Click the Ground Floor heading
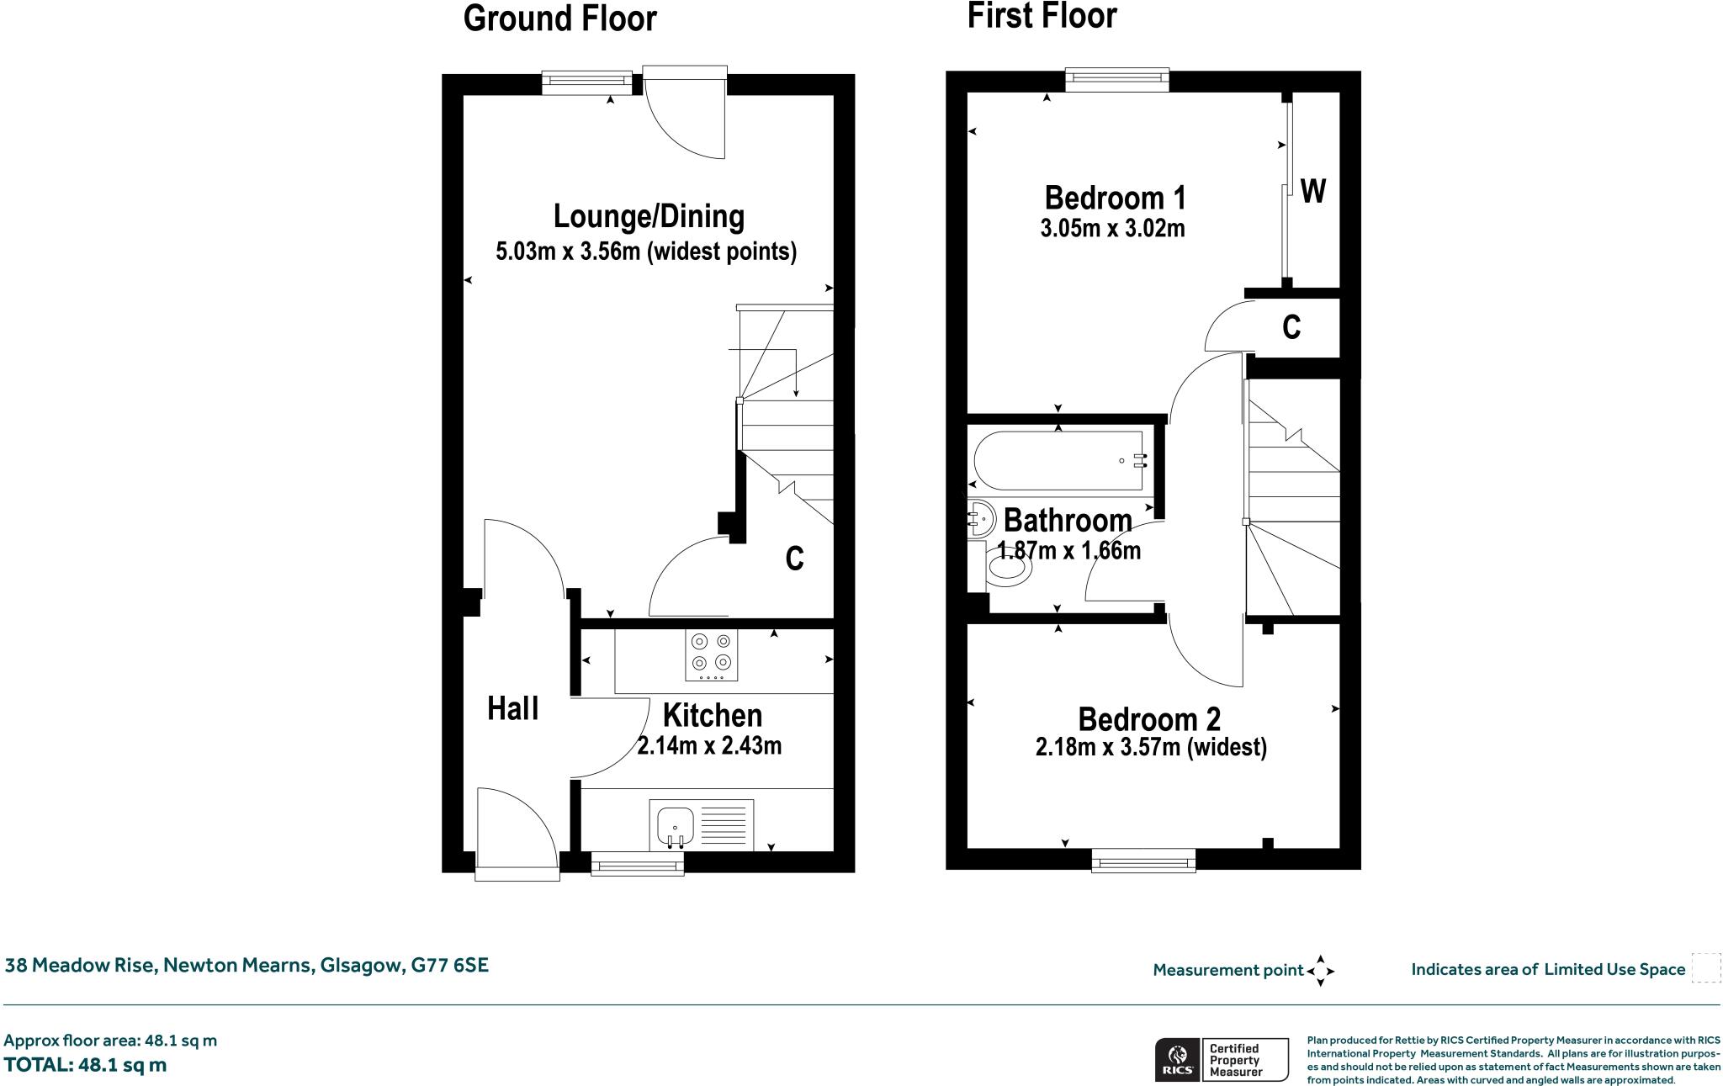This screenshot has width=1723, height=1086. [559, 19]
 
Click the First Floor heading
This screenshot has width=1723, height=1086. [1042, 16]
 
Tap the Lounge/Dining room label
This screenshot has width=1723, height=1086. [649, 216]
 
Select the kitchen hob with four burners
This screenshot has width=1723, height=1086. [712, 656]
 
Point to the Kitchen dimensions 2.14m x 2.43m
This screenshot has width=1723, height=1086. [709, 746]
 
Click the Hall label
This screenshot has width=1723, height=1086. [513, 708]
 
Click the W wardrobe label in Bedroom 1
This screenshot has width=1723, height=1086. [1312, 192]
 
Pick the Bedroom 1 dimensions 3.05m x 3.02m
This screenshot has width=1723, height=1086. [1112, 228]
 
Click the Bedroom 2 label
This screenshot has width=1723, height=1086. [1149, 719]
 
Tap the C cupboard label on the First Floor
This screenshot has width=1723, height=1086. [1291, 327]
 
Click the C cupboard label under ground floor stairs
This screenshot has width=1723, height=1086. [794, 559]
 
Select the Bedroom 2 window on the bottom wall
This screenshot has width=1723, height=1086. [1143, 860]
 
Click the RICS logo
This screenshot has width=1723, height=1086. [1175, 1059]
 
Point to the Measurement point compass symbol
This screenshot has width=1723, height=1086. [1320, 971]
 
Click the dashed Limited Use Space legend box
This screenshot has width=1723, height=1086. [1705, 968]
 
